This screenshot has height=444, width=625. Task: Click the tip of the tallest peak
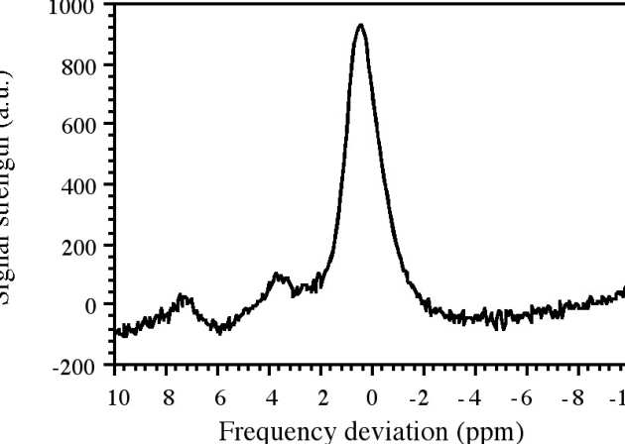[360, 26]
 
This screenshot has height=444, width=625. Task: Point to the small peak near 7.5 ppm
[182, 295]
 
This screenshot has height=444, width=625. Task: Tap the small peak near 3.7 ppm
[277, 275]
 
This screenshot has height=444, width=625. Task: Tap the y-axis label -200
[70, 366]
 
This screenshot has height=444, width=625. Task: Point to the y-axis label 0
[88, 305]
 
